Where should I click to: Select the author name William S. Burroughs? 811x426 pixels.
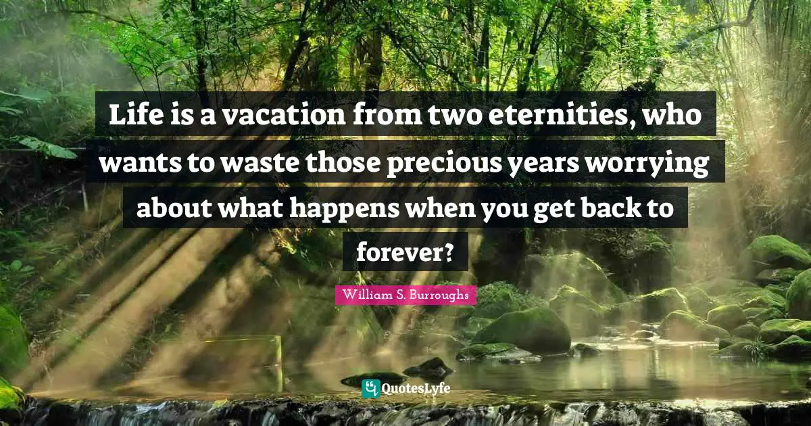pos(405,295)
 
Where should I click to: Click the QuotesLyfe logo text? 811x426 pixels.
pos(415,389)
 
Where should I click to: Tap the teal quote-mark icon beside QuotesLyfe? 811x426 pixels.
pos(370,388)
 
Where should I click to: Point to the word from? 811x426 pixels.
pos(392,116)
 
